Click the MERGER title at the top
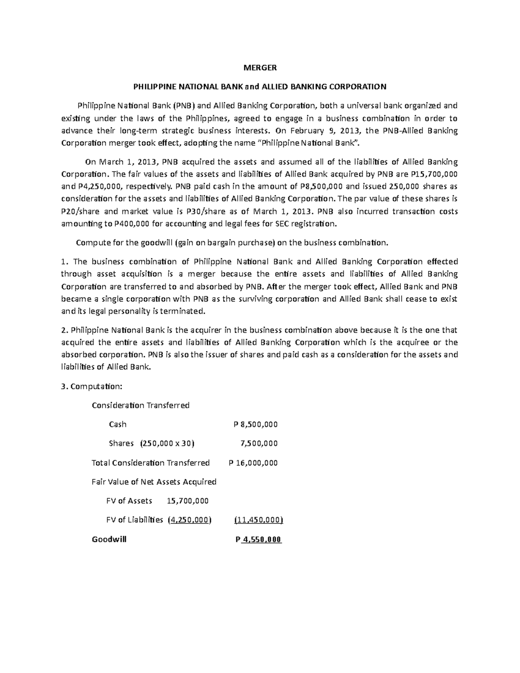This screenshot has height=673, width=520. [x=260, y=68]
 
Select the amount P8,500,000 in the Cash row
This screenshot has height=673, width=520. [x=256, y=424]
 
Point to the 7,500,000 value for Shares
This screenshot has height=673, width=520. [x=259, y=443]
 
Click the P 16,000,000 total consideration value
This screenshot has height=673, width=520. [x=253, y=463]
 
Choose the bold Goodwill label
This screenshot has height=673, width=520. [x=109, y=540]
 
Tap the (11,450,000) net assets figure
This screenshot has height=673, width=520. [x=258, y=520]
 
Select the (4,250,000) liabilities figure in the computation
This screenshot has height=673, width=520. [x=189, y=520]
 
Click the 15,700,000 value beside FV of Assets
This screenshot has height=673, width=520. [x=188, y=501]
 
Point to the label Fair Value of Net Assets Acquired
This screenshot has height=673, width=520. [x=154, y=482]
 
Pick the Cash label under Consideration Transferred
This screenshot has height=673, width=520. [x=117, y=424]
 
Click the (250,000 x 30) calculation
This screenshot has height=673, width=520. [x=167, y=443]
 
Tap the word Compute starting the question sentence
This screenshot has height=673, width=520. [x=90, y=243]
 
